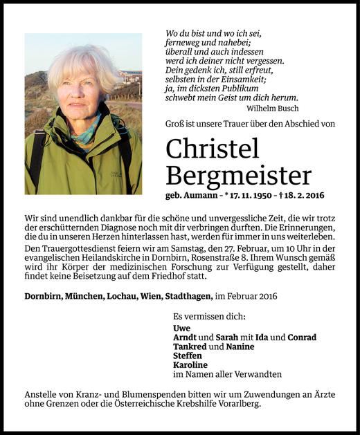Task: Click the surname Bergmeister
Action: pos(239,174)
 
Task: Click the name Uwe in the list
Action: pos(181,328)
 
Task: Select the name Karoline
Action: pos(190,364)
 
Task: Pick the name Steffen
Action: pos(188,355)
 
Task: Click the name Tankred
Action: pos(190,346)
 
